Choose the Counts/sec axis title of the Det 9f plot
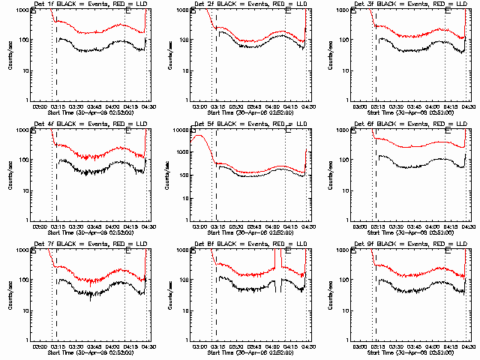[x=329, y=296]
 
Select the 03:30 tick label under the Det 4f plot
[x=73, y=226]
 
